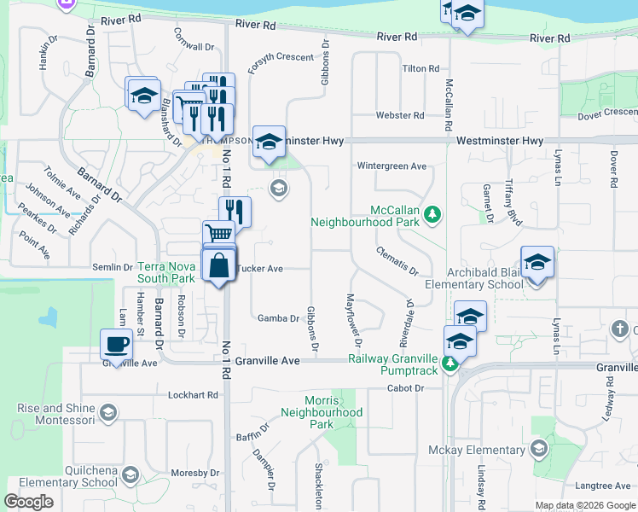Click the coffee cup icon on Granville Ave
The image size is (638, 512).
point(116,345)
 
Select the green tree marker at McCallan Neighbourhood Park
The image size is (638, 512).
point(433,213)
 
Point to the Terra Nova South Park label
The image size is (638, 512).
point(165,272)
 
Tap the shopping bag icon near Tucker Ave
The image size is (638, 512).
point(219,265)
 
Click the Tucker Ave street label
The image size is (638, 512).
point(260,268)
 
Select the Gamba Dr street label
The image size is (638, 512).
point(278,318)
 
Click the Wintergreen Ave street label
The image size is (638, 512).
point(391,166)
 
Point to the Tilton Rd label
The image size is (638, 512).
point(420,68)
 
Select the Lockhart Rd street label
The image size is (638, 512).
point(193,395)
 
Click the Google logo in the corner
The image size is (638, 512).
point(29,502)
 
